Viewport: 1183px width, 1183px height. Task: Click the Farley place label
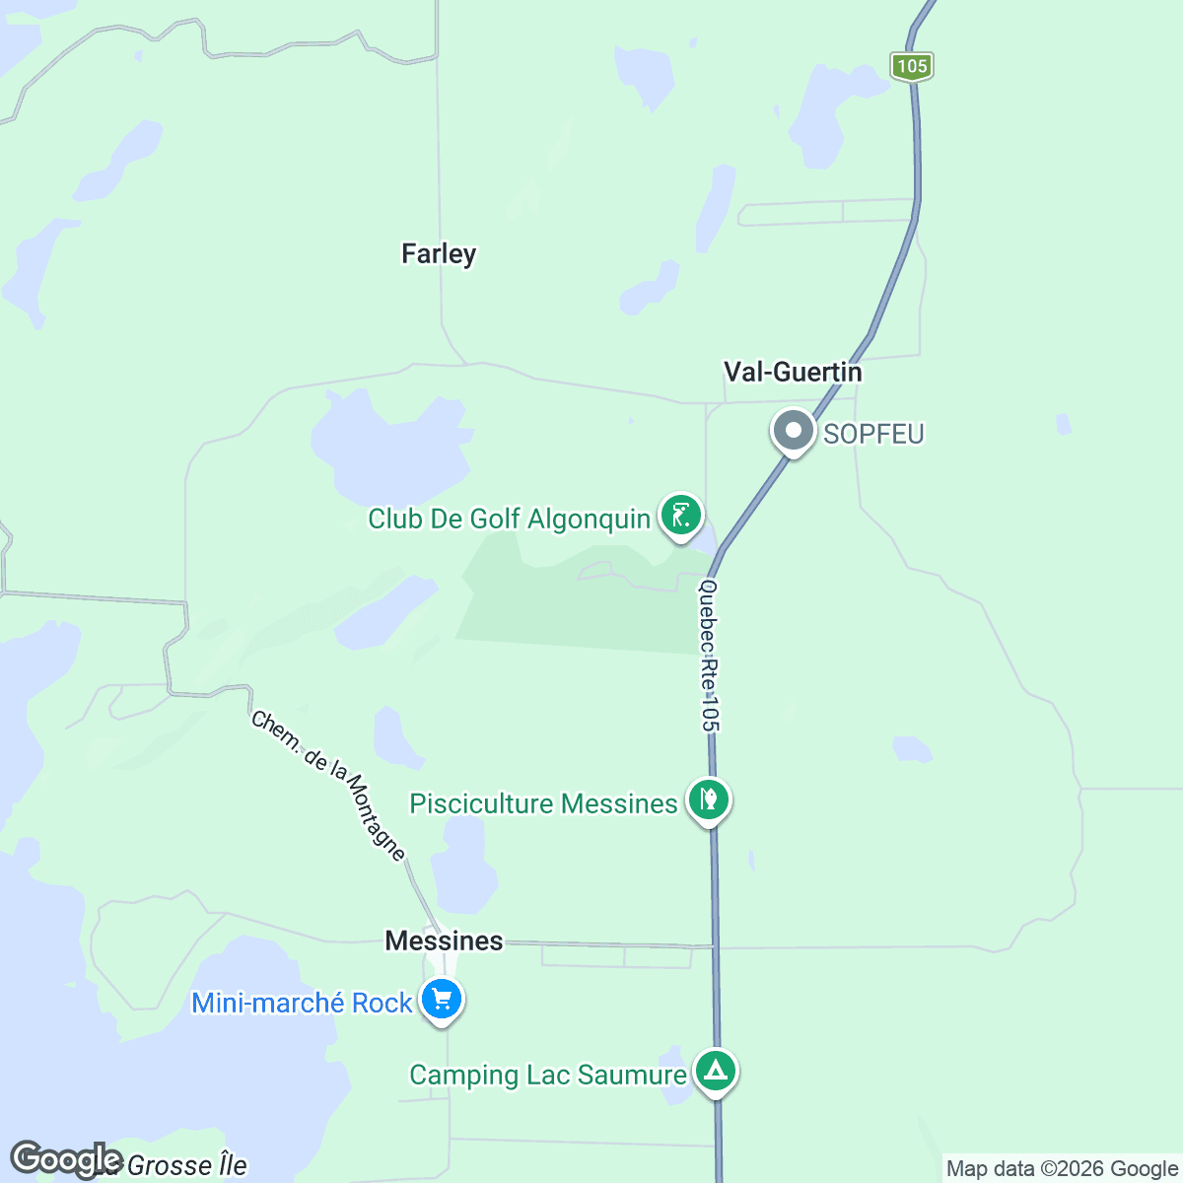[x=439, y=254]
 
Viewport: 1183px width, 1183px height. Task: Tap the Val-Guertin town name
[x=793, y=372]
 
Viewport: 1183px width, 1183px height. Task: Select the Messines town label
[x=444, y=940]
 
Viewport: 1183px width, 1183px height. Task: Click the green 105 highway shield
[x=912, y=66]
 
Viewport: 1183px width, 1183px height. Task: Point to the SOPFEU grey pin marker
[x=794, y=431]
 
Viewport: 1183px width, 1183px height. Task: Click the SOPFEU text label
[x=873, y=434]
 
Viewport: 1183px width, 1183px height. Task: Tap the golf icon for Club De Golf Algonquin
[x=680, y=514]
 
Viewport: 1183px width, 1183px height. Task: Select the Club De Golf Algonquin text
[x=509, y=519]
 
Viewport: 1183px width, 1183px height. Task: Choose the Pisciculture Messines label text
[x=543, y=803]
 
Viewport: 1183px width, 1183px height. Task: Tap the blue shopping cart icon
[x=442, y=1000]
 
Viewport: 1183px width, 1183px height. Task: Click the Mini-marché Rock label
[x=302, y=1003]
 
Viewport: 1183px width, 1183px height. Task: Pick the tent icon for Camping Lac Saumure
[x=716, y=1070]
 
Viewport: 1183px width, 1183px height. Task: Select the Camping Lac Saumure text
[x=548, y=1075]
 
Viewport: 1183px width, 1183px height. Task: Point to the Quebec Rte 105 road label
[x=709, y=656]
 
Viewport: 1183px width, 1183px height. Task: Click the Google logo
[x=67, y=1160]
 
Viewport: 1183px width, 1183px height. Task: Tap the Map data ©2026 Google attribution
[x=1062, y=1169]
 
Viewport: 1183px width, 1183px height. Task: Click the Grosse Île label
[x=186, y=1166]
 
